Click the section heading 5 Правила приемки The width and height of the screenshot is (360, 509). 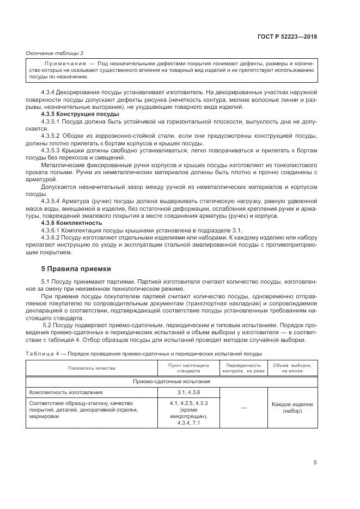point(76,268)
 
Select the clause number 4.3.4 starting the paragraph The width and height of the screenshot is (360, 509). point(50,93)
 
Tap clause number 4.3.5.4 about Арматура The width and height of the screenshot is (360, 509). point(52,201)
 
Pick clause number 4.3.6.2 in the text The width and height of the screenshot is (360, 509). point(52,237)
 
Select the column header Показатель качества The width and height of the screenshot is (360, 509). point(91,368)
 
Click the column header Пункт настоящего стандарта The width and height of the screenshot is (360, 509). point(189,368)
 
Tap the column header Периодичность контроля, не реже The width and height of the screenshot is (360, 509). point(243,368)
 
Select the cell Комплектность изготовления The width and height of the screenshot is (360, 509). point(65,392)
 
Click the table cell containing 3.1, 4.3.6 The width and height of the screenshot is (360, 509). point(189,392)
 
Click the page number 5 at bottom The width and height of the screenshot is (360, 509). point(315,463)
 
